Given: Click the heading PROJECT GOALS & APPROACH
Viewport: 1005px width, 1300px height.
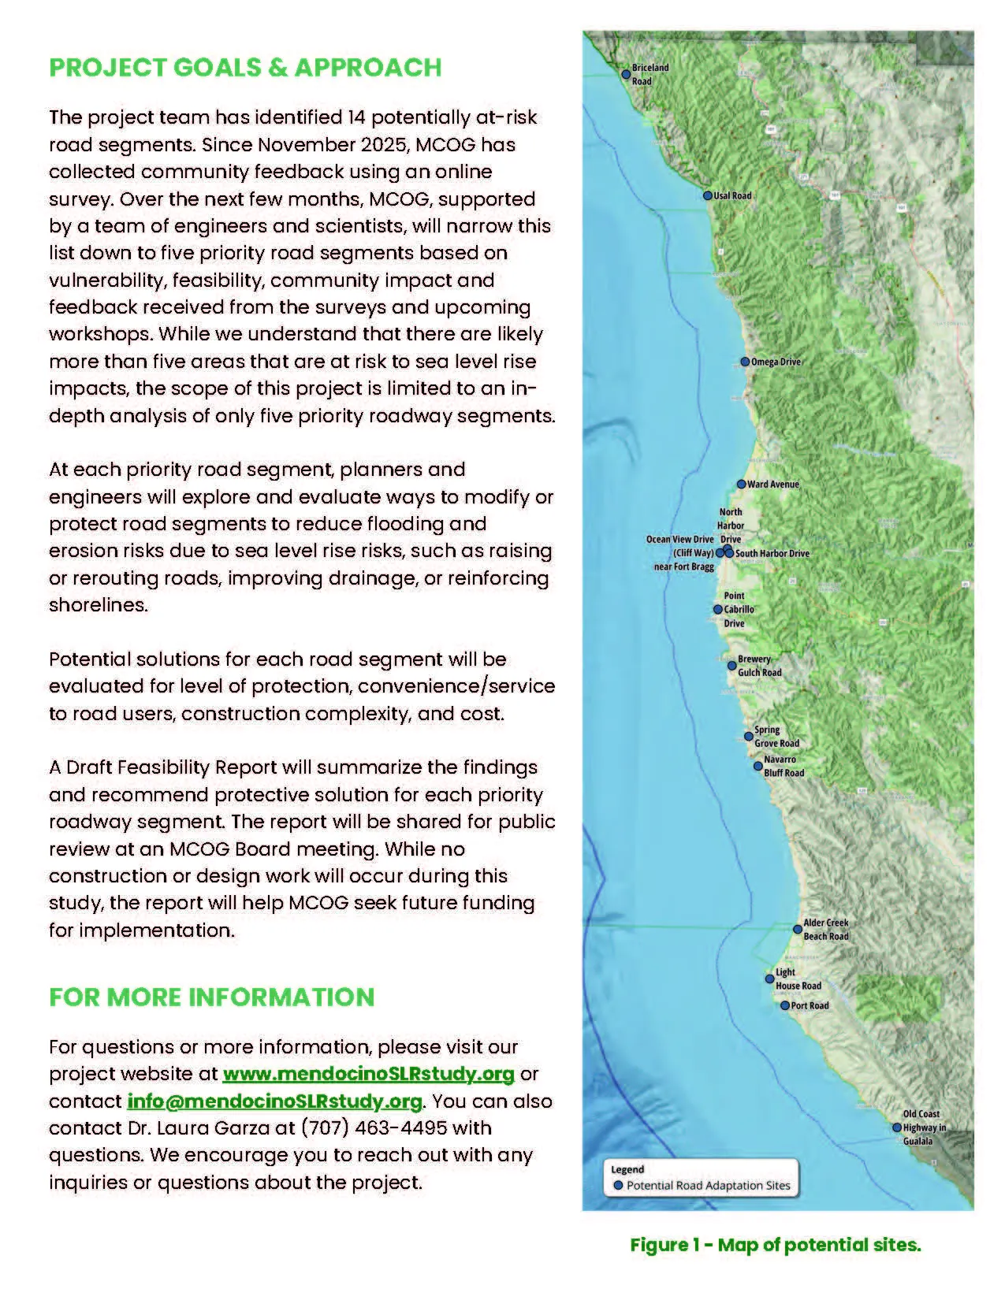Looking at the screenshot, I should pyautogui.click(x=245, y=68).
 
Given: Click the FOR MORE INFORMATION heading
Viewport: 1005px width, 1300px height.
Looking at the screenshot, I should pyautogui.click(x=211, y=997).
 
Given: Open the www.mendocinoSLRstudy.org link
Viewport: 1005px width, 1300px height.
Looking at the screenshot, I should pyautogui.click(x=368, y=1074).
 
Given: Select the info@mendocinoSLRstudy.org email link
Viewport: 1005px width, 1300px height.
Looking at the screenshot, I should pyautogui.click(x=274, y=1101).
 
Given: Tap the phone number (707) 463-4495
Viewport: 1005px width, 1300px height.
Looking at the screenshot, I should pyautogui.click(x=374, y=1127).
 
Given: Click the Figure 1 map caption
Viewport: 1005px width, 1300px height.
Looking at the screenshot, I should pyautogui.click(x=775, y=1245).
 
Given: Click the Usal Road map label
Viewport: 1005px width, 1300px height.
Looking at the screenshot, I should pyautogui.click(x=732, y=195).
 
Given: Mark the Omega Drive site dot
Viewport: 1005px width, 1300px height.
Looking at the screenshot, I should pyautogui.click(x=745, y=362).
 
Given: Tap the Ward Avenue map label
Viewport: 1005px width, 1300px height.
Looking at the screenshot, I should pyautogui.click(x=773, y=485).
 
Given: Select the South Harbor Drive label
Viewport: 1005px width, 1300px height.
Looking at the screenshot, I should pyautogui.click(x=772, y=553).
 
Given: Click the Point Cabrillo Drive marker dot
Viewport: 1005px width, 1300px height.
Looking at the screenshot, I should pyautogui.click(x=717, y=609).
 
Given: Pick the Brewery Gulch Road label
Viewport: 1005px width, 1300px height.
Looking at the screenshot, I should pyautogui.click(x=759, y=666).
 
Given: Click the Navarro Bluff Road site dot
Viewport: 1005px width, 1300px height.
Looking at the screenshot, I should pyautogui.click(x=757, y=766).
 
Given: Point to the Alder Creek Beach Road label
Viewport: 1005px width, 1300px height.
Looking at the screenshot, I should pyautogui.click(x=826, y=930).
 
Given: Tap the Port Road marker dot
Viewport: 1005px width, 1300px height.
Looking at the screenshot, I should pyautogui.click(x=785, y=1005).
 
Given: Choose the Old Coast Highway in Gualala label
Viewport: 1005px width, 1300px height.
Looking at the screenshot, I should pyautogui.click(x=924, y=1127).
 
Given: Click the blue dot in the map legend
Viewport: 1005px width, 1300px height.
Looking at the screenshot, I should pyautogui.click(x=619, y=1185).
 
